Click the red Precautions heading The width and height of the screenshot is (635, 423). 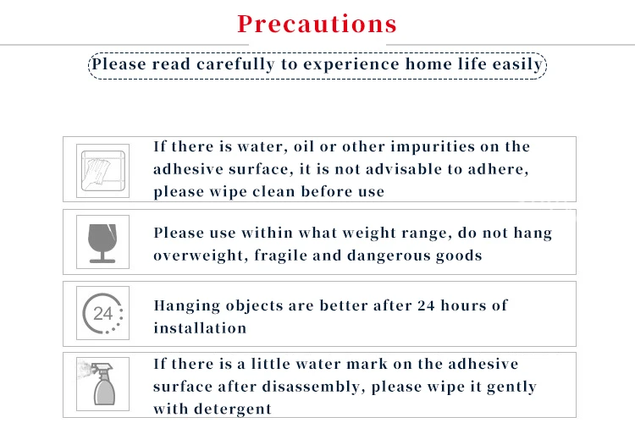coord(317,24)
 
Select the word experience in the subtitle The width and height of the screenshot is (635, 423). coord(351,65)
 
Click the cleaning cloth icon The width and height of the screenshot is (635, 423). coord(102,170)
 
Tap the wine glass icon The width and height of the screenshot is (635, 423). coord(102,243)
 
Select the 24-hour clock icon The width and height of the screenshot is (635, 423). coord(102,313)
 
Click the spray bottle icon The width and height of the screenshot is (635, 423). coord(102,384)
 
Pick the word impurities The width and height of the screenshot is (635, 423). coord(433,147)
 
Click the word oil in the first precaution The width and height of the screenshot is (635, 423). coord(304,146)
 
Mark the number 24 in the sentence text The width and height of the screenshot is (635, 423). coord(426,305)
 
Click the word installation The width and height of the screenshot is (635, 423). coord(200,328)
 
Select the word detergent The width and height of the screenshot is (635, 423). coord(233,409)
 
